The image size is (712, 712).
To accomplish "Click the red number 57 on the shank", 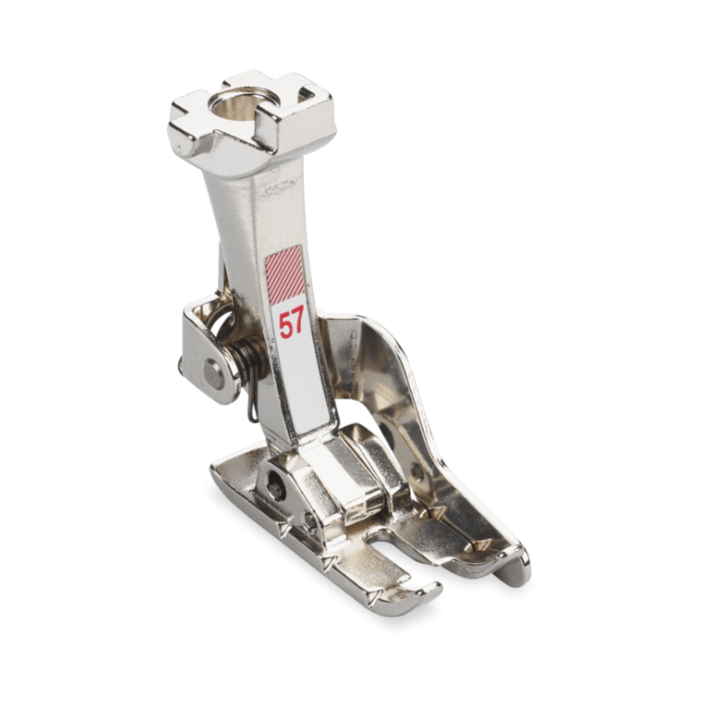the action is (292, 321).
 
